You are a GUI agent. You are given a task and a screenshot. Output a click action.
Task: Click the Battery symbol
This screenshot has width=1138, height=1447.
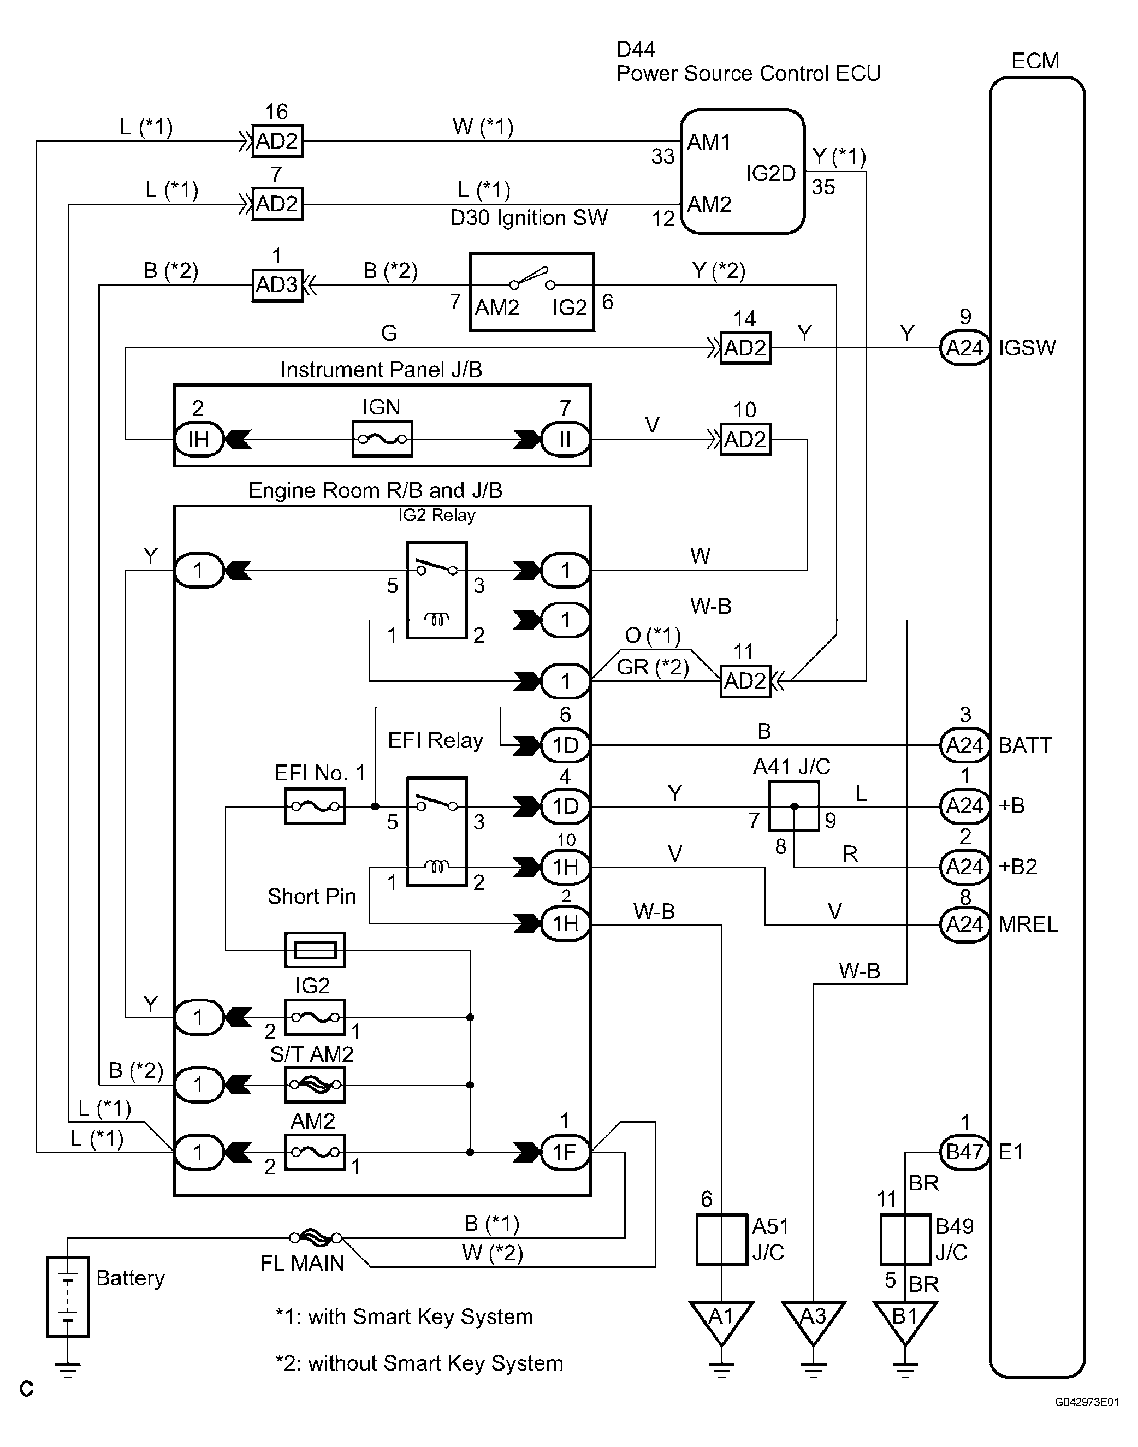pos(67,1296)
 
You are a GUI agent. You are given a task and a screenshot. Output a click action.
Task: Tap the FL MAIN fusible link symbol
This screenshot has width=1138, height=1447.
pos(316,1238)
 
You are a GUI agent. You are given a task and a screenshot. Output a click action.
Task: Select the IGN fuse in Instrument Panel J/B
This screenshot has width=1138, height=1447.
pos(382,439)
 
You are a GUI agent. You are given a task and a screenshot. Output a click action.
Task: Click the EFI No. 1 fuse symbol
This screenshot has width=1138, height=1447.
pos(315,806)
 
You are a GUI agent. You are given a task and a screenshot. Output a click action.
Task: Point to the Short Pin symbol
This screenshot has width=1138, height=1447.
pos(315,950)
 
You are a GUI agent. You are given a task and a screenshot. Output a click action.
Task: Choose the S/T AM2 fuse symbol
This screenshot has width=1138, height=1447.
pos(315,1084)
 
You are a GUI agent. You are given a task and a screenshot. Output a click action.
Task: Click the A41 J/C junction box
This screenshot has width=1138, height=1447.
pos(793,806)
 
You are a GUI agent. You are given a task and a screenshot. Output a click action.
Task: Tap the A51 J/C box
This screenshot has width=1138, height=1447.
pos(721,1239)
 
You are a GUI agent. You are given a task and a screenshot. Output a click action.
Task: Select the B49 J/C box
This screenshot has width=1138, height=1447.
pos(905,1239)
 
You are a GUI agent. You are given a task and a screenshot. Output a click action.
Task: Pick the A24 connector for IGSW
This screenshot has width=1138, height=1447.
pos(964,348)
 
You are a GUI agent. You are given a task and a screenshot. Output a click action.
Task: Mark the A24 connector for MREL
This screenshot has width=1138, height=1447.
pos(964,924)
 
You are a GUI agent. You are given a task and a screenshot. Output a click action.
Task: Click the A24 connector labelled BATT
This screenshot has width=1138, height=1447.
pos(964,745)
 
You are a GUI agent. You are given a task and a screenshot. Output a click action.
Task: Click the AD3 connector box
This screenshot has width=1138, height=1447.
pos(277,285)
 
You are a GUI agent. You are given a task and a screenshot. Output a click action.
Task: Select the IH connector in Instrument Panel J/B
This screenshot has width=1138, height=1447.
pos(199,439)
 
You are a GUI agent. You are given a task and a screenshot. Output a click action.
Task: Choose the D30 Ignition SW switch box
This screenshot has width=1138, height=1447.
pos(532,292)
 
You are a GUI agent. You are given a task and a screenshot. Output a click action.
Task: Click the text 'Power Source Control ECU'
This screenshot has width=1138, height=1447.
pos(748,73)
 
